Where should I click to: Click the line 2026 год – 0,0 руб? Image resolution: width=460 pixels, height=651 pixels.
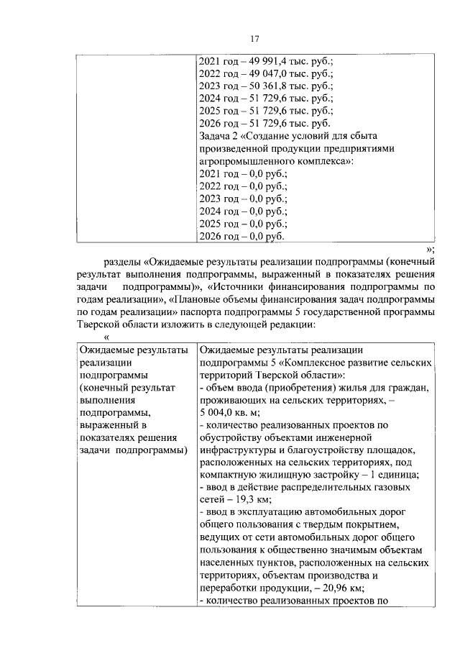tap(241, 236)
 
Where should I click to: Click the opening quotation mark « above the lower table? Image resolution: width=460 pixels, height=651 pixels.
tap(106, 337)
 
